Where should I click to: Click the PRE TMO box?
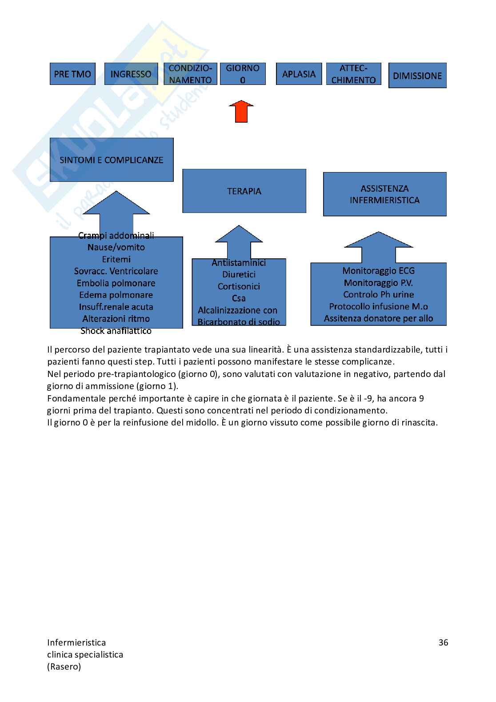pos(72,74)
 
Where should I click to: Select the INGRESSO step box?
pos(131,74)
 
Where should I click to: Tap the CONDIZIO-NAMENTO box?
pos(190,74)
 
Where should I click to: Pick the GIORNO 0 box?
pos(243,74)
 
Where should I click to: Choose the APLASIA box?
pos(299,74)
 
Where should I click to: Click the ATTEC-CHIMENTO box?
pos(353,74)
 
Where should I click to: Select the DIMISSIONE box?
pos(417,76)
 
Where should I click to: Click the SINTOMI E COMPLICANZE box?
pos(112,160)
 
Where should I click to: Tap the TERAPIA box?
pos(244,191)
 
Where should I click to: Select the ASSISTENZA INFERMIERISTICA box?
pos(384,194)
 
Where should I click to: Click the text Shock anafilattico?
pos(116,331)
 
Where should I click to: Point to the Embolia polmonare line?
pos(116,283)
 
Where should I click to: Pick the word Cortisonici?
pos(239,286)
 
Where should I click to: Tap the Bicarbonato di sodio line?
pos(239,322)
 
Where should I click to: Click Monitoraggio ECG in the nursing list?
pos(378,270)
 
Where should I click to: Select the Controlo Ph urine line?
pos(378,294)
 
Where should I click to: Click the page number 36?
pos(443,642)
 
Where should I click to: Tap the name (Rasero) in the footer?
pos(64,666)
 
